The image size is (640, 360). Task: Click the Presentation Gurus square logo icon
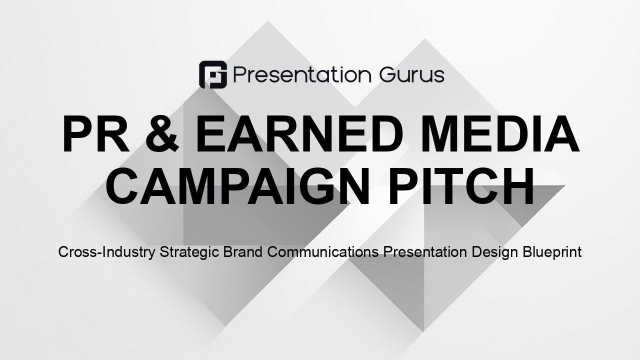coord(213,74)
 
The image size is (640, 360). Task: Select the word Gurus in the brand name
coord(412,75)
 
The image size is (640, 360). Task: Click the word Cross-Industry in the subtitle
coord(107,252)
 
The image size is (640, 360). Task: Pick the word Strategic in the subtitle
coord(189,252)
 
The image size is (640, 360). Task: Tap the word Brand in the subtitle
coord(243,252)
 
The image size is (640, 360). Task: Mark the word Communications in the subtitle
coord(323,252)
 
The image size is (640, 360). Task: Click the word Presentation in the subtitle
coord(425,252)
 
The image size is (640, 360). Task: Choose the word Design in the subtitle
coord(495,252)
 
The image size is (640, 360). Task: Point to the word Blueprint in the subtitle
coord(552,252)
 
